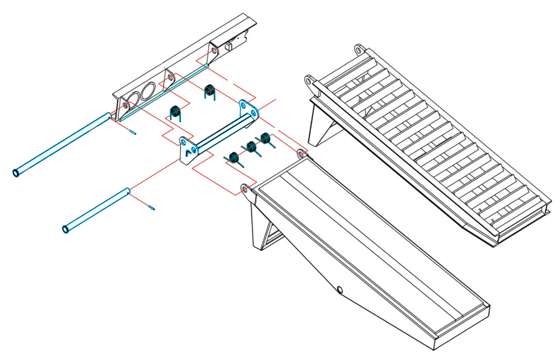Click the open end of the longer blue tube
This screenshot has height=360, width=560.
coord(16,172)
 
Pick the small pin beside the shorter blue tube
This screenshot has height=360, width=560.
coord(152,208)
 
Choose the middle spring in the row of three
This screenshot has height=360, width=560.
coord(251,148)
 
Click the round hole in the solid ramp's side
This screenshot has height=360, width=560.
coord(339,290)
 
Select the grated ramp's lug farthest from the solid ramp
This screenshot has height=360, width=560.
coord(357,49)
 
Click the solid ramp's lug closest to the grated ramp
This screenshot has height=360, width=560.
coord(301,152)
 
